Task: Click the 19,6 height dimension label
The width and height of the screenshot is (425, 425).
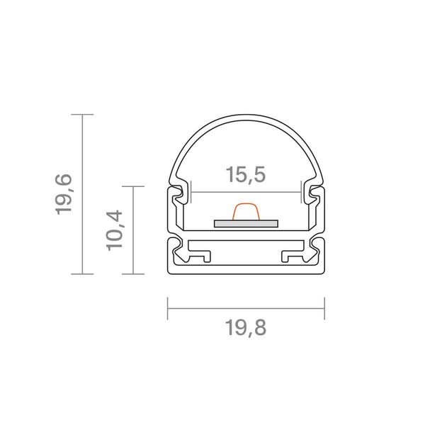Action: (x=64, y=194)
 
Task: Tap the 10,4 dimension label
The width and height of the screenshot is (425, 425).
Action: (x=114, y=230)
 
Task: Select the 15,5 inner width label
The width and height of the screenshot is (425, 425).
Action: (x=246, y=174)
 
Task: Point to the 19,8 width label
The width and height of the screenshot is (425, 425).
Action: (x=246, y=328)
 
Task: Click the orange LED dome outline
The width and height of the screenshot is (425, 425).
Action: (x=246, y=203)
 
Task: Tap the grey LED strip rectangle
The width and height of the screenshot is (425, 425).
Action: (x=246, y=224)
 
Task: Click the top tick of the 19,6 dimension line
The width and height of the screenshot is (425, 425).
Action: (x=82, y=114)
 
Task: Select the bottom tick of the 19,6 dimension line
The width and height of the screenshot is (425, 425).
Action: (x=82, y=274)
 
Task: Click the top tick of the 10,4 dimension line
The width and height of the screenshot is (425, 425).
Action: (x=133, y=186)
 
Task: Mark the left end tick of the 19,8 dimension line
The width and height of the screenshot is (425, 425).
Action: (x=168, y=308)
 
